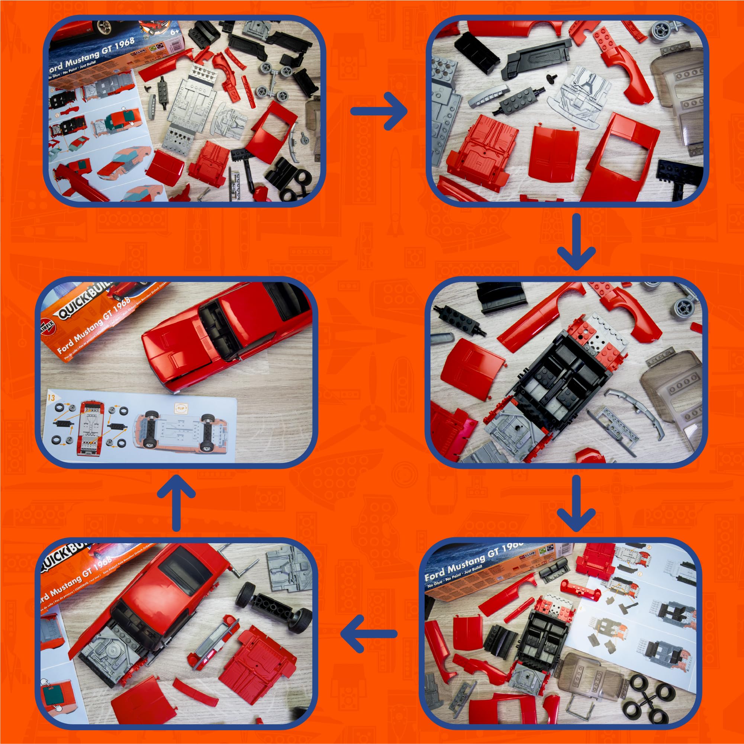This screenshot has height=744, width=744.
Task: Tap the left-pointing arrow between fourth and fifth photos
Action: tap(369, 634)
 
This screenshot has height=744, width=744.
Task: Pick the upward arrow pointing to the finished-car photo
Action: tap(177, 503)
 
